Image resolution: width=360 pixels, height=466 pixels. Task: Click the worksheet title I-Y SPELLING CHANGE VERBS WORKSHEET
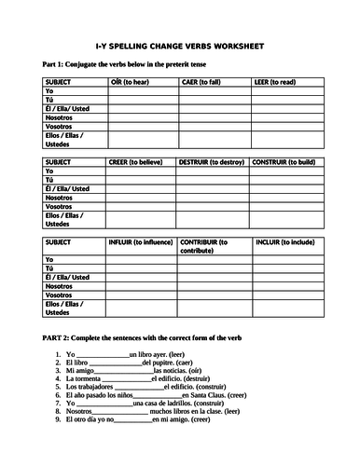click(179, 45)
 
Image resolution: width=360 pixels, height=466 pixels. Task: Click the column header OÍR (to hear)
click(131, 82)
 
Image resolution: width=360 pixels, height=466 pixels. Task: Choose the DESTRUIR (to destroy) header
click(211, 161)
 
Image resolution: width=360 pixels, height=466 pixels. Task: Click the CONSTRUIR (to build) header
click(283, 161)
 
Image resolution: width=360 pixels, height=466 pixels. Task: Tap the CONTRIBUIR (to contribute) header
click(211, 245)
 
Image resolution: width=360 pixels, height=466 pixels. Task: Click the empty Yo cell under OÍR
click(140, 92)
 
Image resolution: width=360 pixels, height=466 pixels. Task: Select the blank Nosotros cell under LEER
click(284, 119)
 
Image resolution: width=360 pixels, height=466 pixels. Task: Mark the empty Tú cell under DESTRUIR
click(212, 180)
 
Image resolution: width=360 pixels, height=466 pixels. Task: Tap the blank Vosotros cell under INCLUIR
click(284, 294)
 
